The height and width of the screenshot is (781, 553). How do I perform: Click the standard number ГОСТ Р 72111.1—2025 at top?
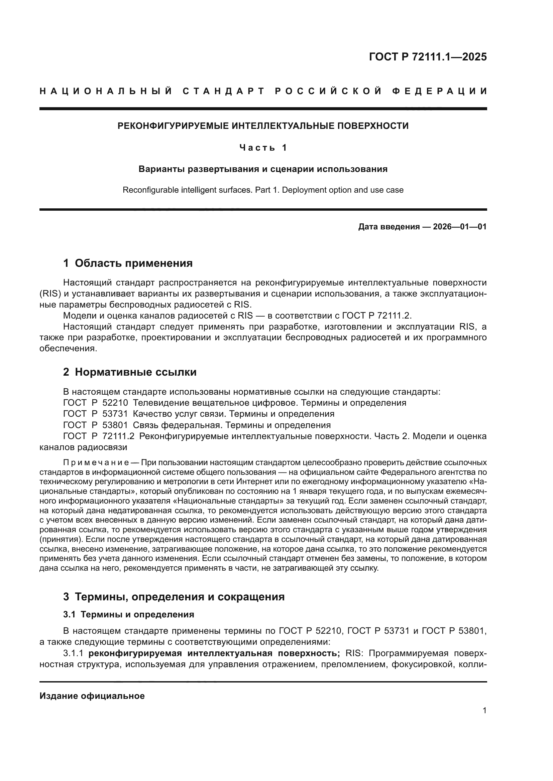428,56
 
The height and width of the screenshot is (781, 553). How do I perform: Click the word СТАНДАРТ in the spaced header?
223,91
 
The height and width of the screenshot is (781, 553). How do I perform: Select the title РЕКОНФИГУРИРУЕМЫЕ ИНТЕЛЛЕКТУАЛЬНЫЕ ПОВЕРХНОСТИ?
263,126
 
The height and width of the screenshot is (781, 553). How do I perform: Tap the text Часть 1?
263,148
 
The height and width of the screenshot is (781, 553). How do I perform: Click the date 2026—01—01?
460,226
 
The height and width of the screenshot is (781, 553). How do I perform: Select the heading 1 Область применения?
128,263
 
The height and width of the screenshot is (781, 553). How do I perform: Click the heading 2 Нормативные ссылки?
130,372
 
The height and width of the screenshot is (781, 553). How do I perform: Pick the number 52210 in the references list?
115,403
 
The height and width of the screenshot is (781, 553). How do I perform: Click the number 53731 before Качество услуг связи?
115,414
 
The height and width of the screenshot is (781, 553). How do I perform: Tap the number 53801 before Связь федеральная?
115,425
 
